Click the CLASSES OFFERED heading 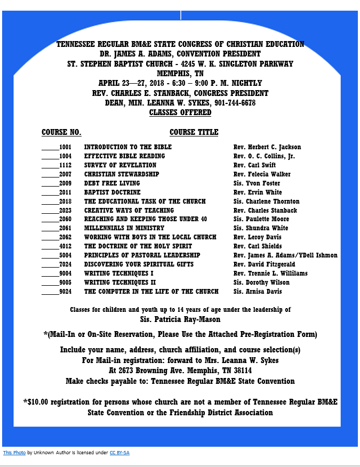180,112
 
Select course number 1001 65,147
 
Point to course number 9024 65,292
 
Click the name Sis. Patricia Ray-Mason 180,319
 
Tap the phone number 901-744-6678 235,103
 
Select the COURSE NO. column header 61,132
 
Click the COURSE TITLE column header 194,132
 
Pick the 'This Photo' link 14,453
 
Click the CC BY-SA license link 119,453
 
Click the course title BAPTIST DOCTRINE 112,192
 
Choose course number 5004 65,255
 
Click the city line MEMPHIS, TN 180,74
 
